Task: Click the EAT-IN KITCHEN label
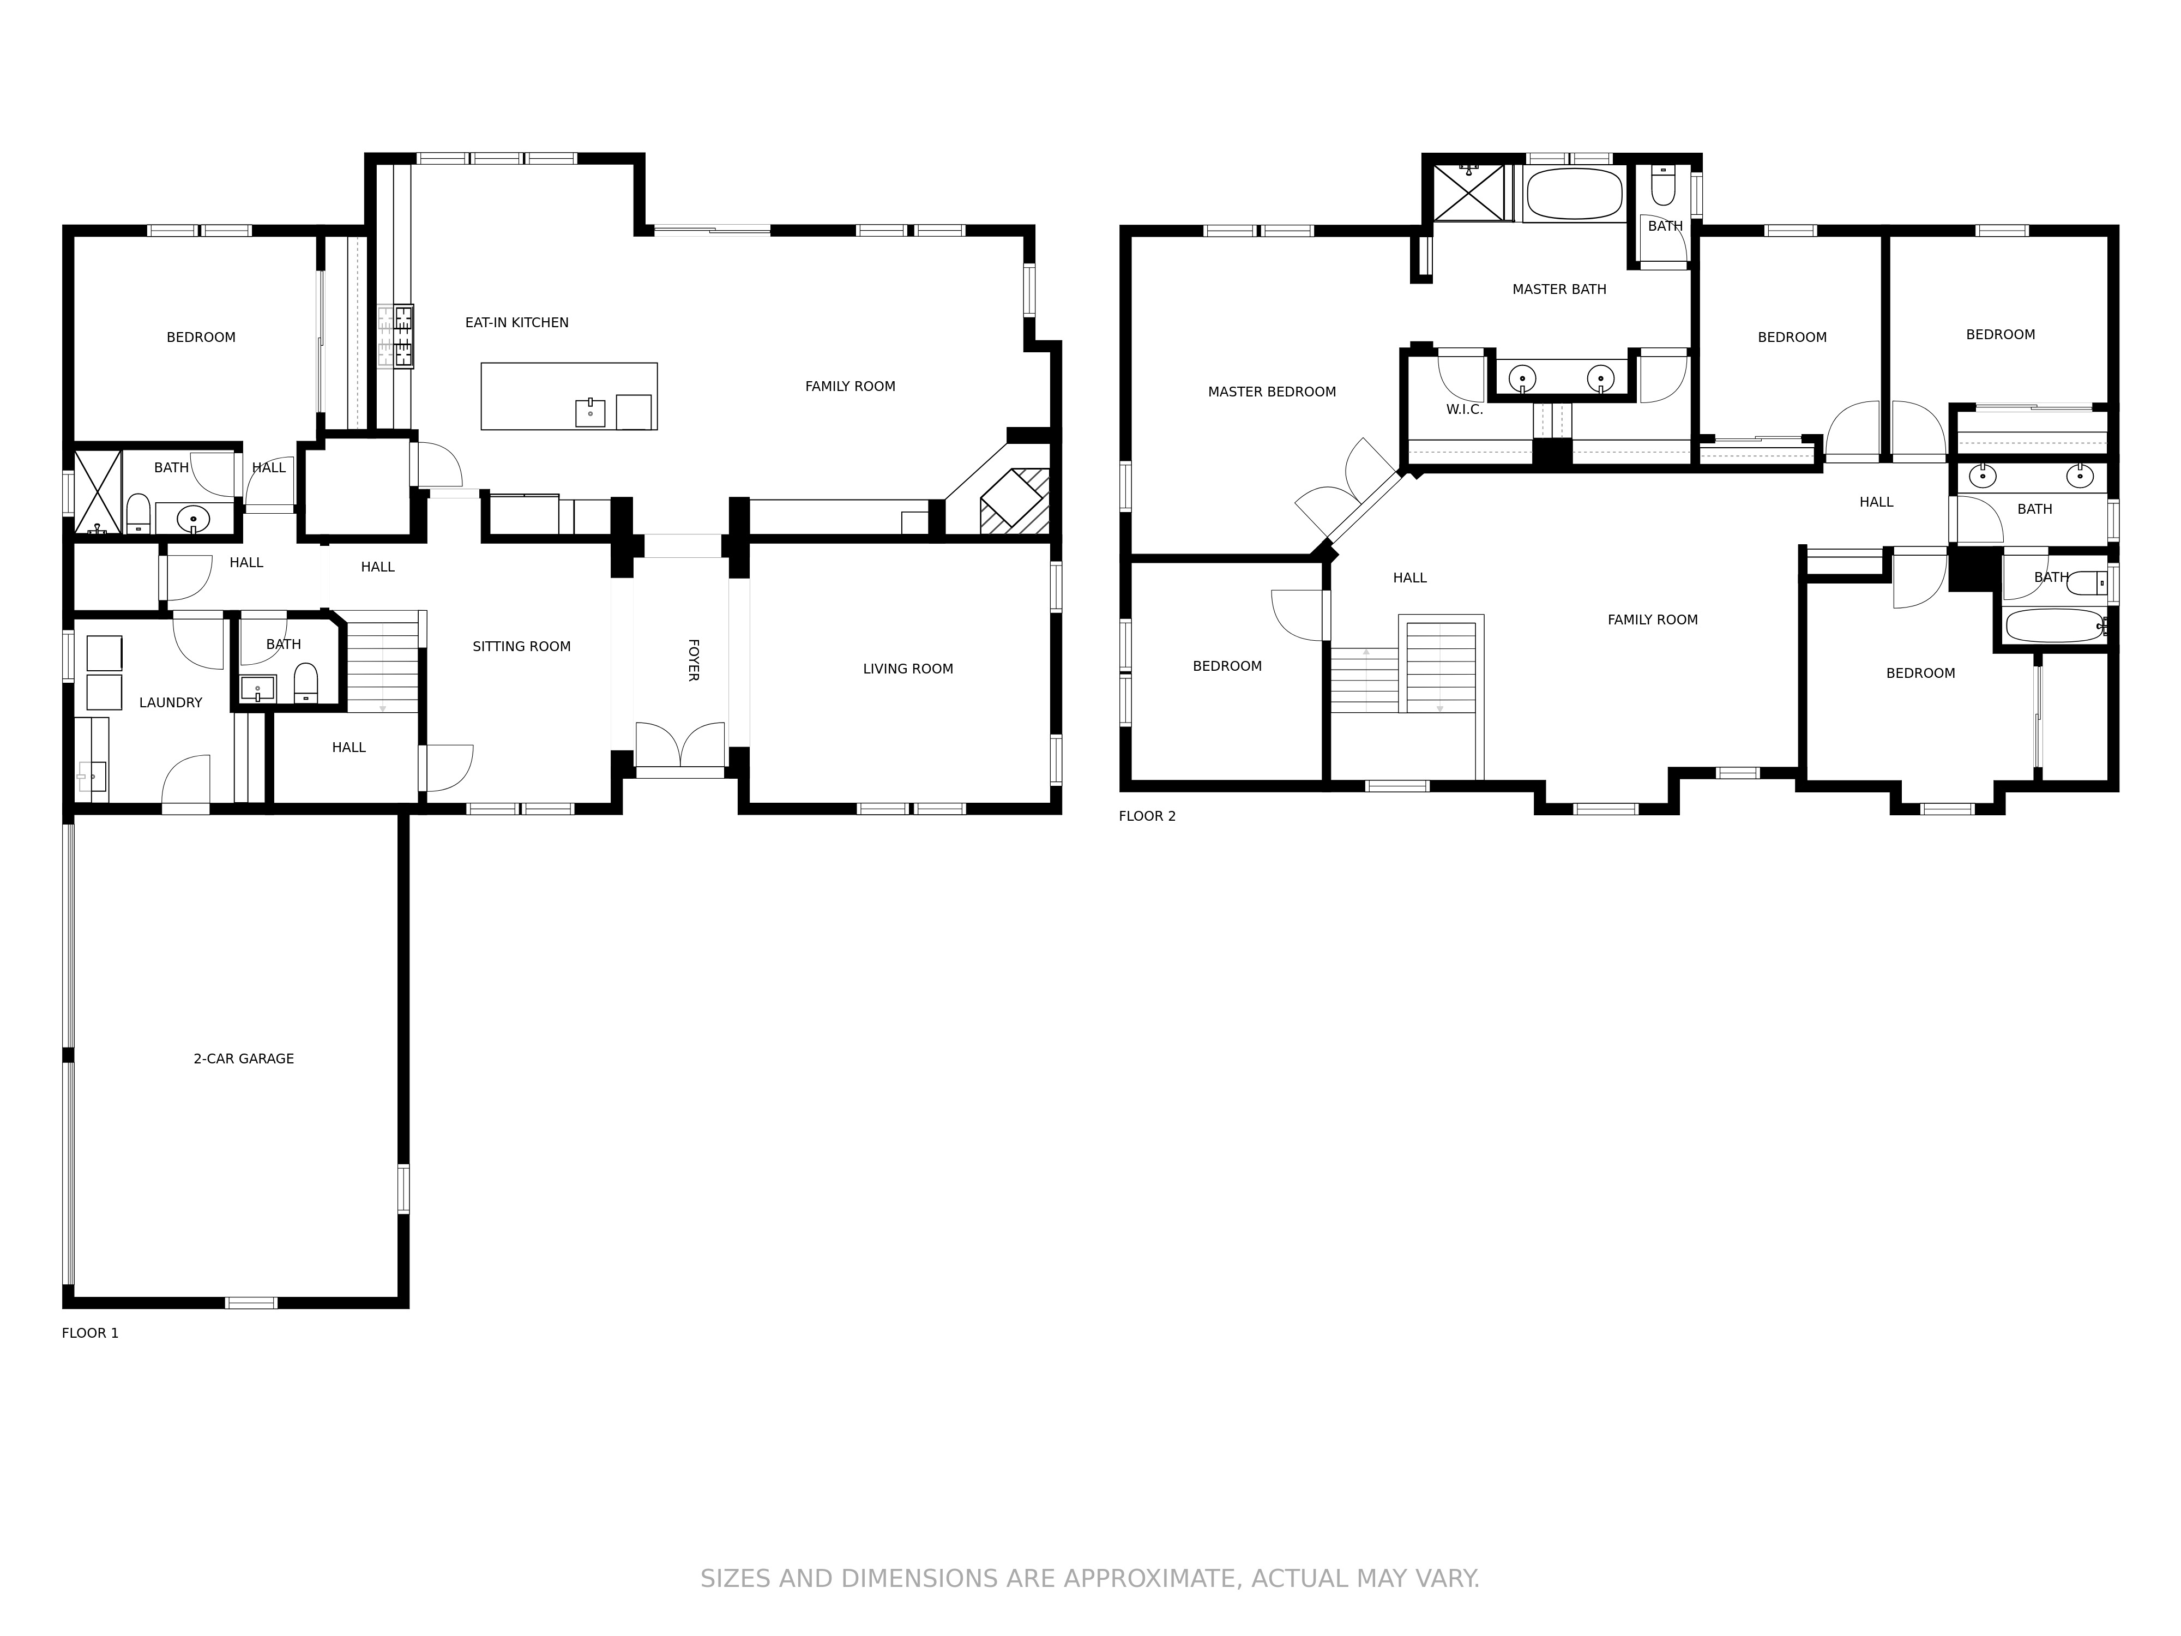click(x=517, y=322)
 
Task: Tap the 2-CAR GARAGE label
click(x=244, y=1058)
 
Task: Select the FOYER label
click(x=693, y=660)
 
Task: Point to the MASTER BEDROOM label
click(x=1272, y=392)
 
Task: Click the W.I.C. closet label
click(x=1464, y=409)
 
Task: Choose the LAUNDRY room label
click(x=171, y=702)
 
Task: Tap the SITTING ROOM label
click(x=522, y=646)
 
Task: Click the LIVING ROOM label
click(x=908, y=669)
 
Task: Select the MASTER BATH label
click(x=1559, y=289)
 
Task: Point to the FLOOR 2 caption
click(x=1147, y=815)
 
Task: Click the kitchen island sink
click(x=589, y=412)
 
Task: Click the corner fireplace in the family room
click(x=1014, y=501)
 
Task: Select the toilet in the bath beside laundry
click(x=306, y=682)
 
